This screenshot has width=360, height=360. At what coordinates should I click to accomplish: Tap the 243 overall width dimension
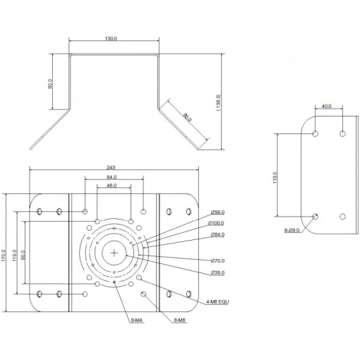point(112,167)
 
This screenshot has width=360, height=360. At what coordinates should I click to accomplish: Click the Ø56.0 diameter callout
point(217,212)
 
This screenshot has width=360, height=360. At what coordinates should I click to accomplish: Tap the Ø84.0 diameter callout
point(217,234)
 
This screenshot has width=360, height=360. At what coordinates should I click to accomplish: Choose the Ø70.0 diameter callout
point(217,260)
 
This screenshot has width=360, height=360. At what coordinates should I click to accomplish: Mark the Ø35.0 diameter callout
point(217,272)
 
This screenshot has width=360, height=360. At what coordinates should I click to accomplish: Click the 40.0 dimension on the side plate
point(327,107)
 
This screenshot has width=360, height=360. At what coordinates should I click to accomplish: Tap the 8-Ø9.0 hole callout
point(291,230)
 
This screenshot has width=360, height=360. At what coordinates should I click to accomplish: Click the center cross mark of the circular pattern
point(114,253)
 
